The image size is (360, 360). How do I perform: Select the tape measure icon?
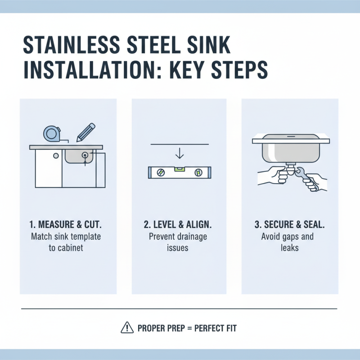(x=51, y=133)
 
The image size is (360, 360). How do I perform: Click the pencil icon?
(x=85, y=132)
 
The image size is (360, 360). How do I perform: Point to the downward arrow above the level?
(x=180, y=153)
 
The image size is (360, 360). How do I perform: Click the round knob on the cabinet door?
(x=55, y=156)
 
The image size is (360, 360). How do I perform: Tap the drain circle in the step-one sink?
(x=85, y=154)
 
